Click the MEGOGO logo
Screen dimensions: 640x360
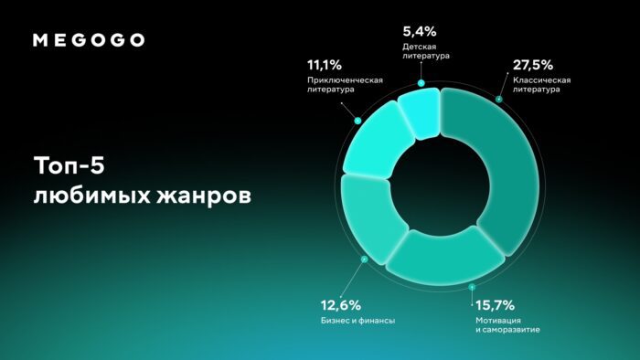point(89,40)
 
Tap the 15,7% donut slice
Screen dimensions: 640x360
point(445,255)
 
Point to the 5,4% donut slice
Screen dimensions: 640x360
point(421,112)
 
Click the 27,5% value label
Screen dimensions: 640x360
point(533,65)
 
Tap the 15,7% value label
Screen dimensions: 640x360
point(496,305)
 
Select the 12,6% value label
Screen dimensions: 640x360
point(341,305)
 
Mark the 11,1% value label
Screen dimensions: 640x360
point(325,65)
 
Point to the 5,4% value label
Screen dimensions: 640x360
point(420,31)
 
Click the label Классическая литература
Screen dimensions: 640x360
point(541,85)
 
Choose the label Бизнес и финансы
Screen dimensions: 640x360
point(358,321)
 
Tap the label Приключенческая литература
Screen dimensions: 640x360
point(345,85)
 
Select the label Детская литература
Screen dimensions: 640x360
point(426,51)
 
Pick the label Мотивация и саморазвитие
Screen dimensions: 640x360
point(507,325)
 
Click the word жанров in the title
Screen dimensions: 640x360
point(204,196)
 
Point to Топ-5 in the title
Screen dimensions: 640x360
point(69,165)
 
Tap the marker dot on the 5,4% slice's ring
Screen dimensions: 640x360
point(421,83)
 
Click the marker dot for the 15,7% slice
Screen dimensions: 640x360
point(472,287)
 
